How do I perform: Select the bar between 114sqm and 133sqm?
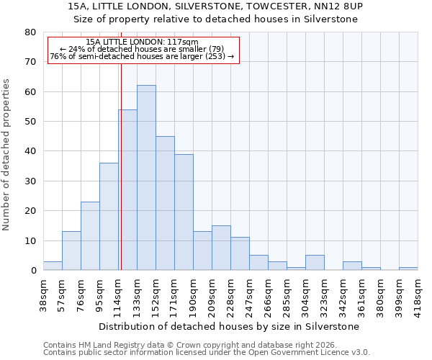[x=128, y=190]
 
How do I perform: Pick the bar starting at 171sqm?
[x=184, y=212]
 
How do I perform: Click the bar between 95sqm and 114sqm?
[x=109, y=217]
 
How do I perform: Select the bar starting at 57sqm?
[x=71, y=251]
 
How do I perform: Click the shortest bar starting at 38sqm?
[x=53, y=266]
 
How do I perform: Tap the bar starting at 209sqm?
[x=221, y=248]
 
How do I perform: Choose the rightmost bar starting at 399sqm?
[x=408, y=269]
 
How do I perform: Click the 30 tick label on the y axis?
[x=30, y=181]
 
